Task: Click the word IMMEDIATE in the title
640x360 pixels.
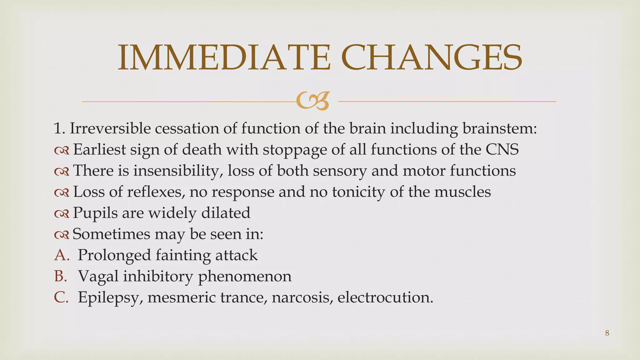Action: (x=224, y=58)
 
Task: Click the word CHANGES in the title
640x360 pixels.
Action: (x=432, y=58)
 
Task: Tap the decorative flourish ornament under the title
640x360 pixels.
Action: (x=313, y=101)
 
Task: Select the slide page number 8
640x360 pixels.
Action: (x=607, y=333)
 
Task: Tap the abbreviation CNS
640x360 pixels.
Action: (x=502, y=149)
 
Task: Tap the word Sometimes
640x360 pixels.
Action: (x=111, y=234)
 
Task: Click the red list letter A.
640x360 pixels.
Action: (x=61, y=255)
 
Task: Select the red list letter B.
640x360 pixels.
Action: (x=61, y=276)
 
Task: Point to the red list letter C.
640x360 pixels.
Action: (x=61, y=297)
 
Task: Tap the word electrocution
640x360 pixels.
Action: (x=385, y=297)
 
